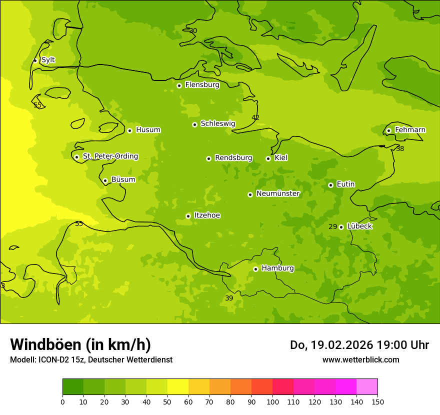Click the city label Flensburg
pos(202,85)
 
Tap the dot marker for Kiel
pos(268,158)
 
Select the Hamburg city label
pos(277,268)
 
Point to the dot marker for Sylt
pos(35,60)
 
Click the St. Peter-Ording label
pos(110,156)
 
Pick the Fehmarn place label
pos(410,130)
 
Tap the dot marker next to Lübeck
pos(341,227)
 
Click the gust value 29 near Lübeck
pos(332,226)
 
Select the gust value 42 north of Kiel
pos(255,117)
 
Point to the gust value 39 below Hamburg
pos(229,298)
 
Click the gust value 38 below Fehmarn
pos(400,148)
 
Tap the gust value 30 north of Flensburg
pos(193,31)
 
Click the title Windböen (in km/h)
pos(80,344)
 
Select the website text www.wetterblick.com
pos(360,359)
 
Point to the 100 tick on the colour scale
pos(272,401)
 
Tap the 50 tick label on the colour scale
pos(167,401)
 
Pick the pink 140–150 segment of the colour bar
pos(367,386)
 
